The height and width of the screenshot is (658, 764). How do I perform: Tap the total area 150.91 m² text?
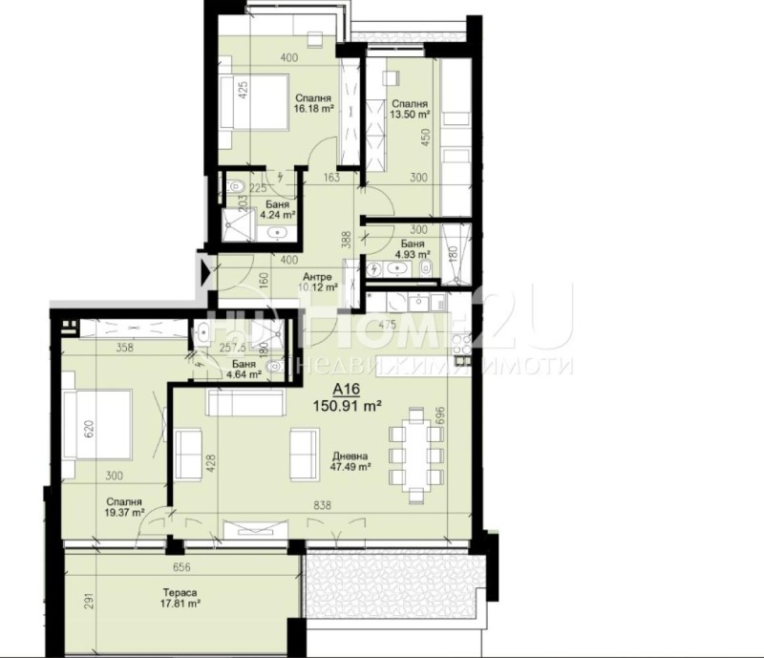[348, 406]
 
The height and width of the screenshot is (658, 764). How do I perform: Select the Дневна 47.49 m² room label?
[351, 462]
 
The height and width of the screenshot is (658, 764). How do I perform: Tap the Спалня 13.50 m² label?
[410, 108]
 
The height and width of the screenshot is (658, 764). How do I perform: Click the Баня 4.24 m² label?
[279, 211]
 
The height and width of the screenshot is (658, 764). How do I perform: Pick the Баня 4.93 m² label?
[413, 248]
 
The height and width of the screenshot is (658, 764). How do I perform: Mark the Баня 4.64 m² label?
[244, 369]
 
